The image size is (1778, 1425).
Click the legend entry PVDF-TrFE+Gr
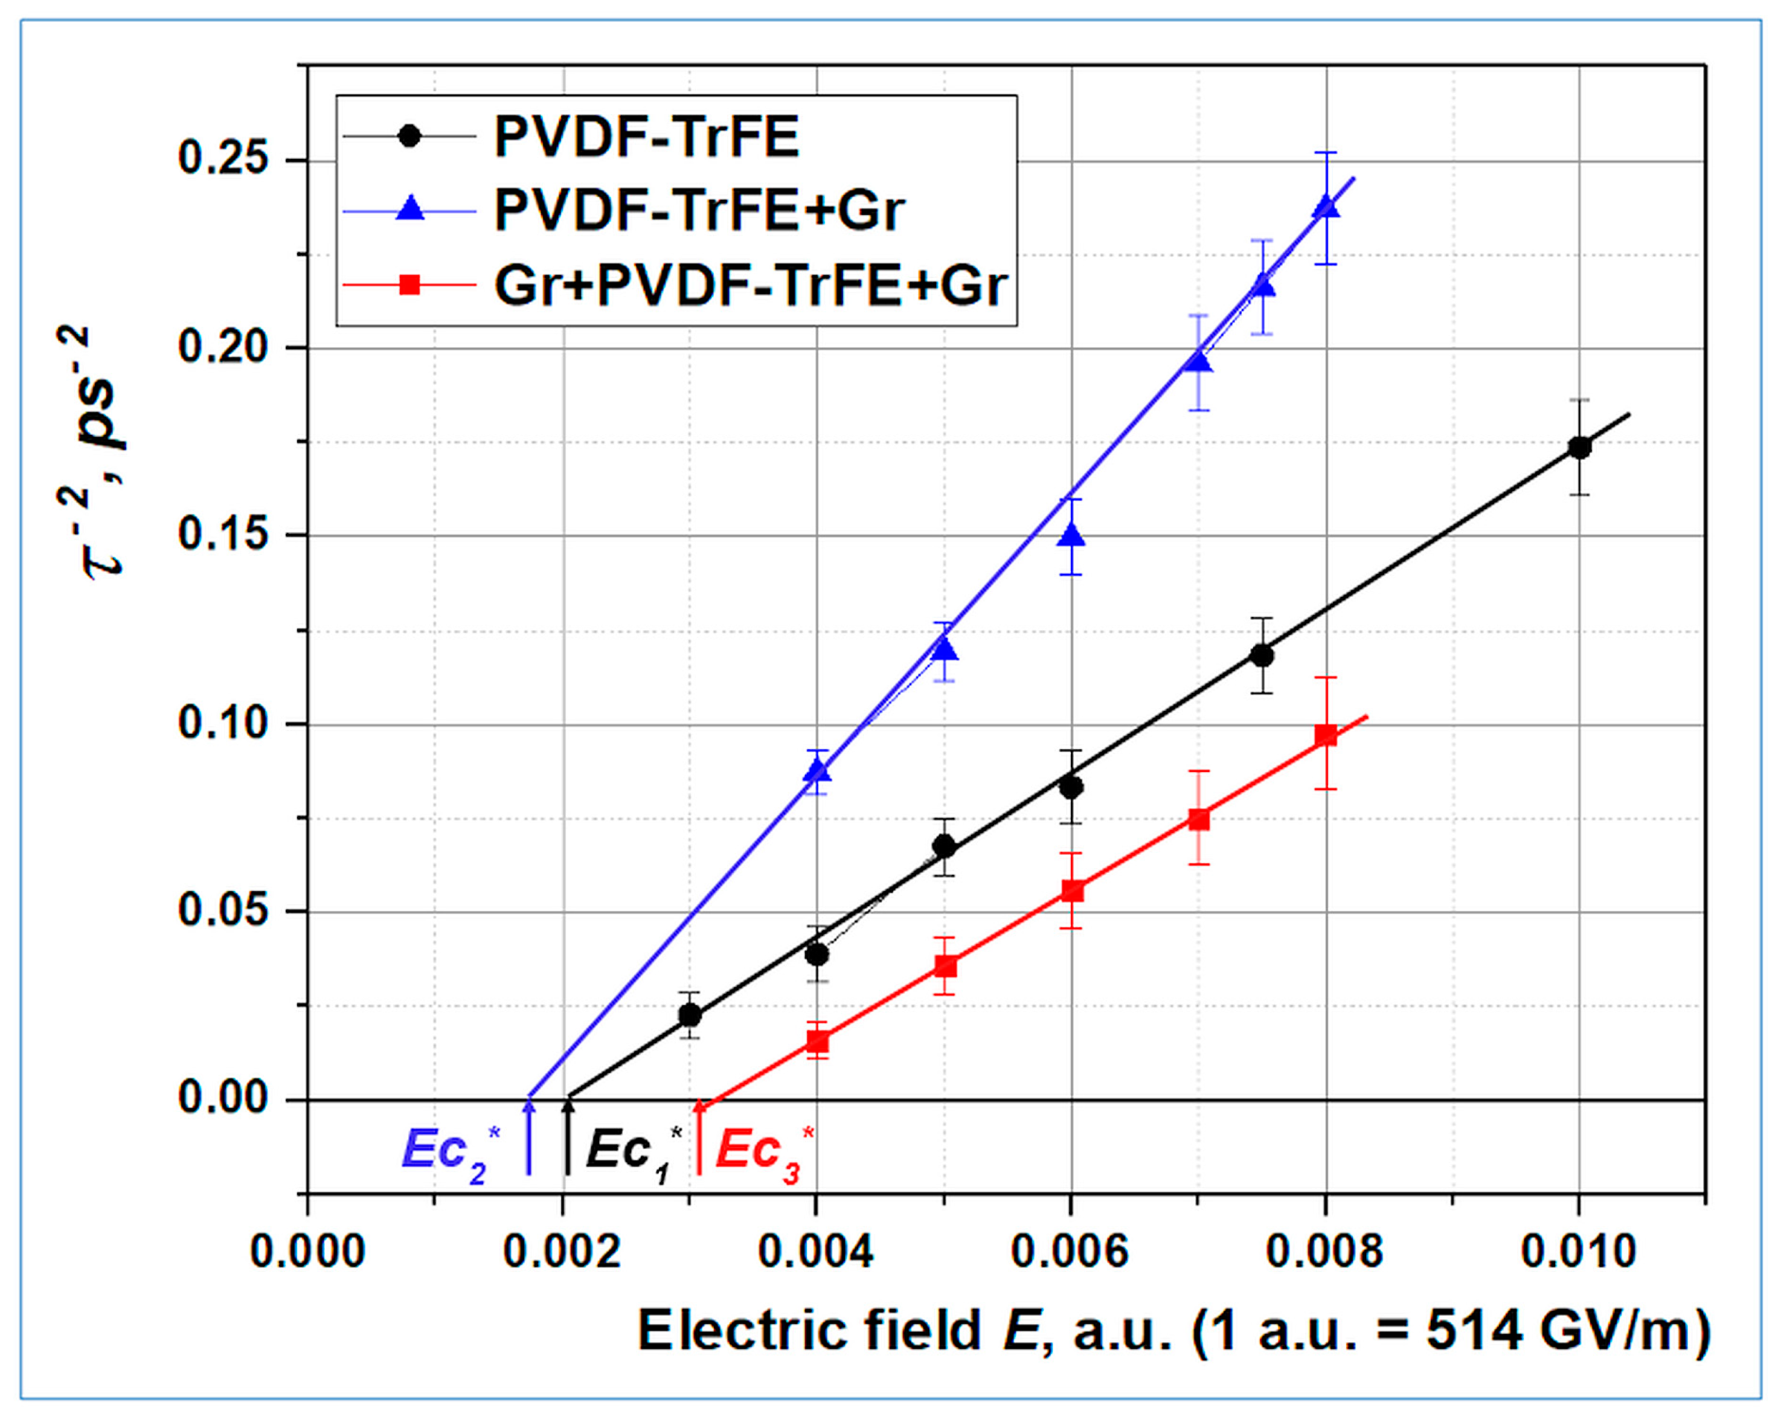[699, 210]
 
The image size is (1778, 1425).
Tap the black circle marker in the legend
[409, 135]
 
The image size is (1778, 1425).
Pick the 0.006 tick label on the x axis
[1070, 1252]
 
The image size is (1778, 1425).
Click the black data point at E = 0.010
[1579, 448]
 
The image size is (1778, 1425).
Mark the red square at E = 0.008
[1325, 735]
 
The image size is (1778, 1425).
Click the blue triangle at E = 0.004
[817, 771]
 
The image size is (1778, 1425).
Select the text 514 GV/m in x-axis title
[1559, 1330]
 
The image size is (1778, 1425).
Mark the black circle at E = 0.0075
[1262, 655]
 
